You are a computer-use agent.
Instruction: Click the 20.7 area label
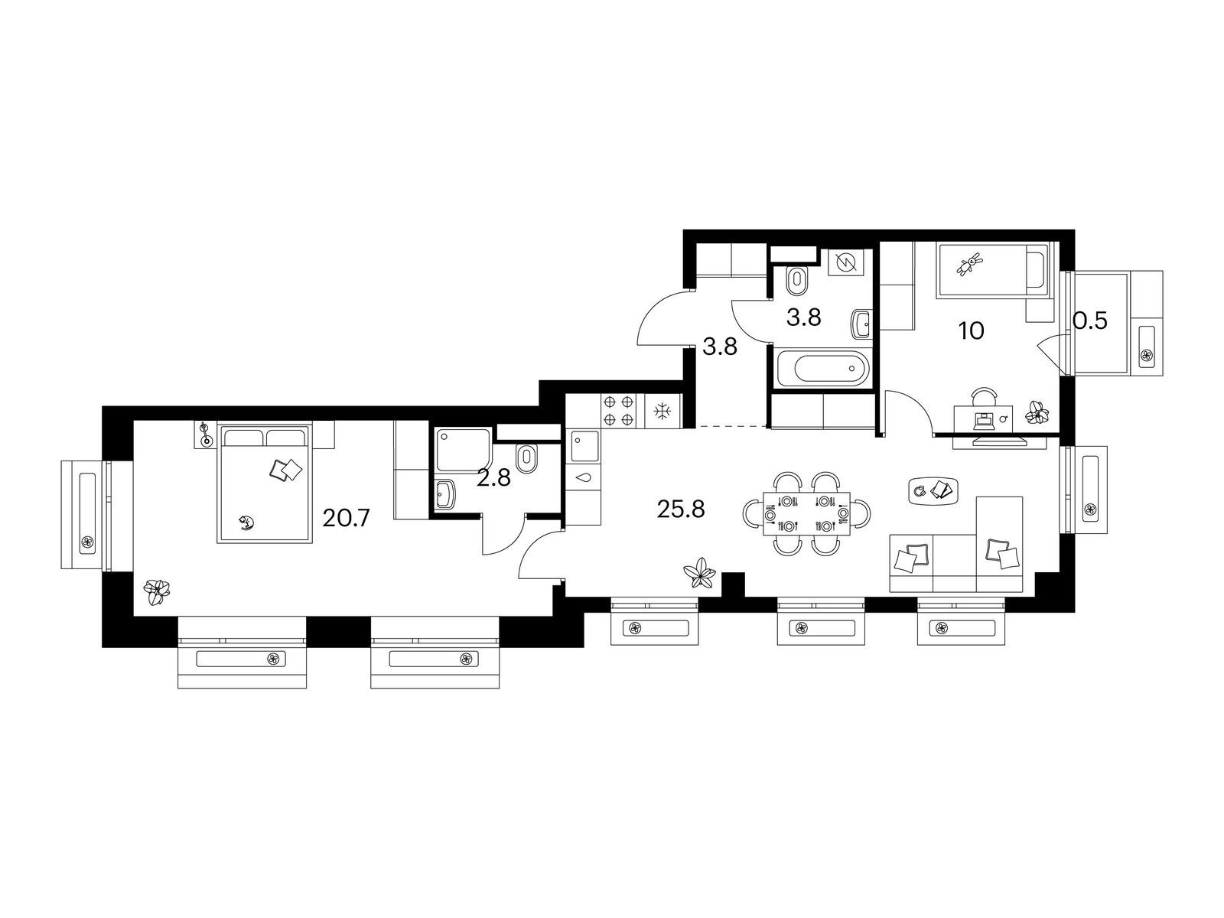click(346, 519)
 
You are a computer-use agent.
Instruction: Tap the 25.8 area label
click(681, 509)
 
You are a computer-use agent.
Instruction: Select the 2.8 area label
click(493, 478)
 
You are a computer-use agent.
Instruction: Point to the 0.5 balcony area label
click(1089, 321)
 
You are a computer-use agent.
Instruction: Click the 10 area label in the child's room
click(971, 331)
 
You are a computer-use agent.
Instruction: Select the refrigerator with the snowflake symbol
click(663, 411)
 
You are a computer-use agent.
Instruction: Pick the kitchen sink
click(584, 446)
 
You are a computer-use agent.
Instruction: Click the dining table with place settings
click(806, 514)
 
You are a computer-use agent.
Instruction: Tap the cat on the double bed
click(246, 522)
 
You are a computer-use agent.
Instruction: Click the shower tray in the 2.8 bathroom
click(464, 450)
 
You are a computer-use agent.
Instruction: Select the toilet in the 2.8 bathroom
click(526, 457)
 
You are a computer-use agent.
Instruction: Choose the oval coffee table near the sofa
click(933, 490)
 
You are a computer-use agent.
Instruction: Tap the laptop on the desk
click(985, 420)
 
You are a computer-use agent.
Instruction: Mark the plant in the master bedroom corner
click(157, 591)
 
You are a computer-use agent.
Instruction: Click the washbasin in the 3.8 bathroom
click(861, 324)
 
